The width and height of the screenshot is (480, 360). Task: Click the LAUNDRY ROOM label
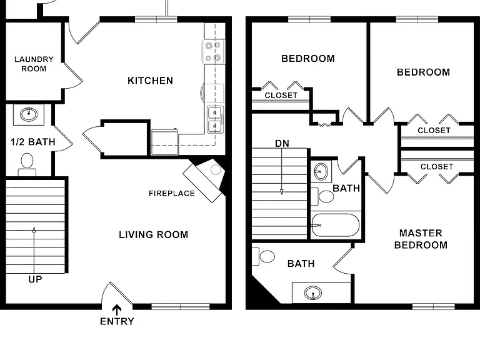[34, 64]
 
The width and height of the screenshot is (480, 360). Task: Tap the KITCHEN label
[150, 81]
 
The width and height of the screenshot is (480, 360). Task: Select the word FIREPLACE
[172, 194]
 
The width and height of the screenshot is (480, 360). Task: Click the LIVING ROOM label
[153, 235]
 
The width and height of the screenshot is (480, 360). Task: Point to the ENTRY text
[117, 321]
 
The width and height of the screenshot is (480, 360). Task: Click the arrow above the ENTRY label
[116, 310]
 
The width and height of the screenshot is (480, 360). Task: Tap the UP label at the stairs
[35, 279]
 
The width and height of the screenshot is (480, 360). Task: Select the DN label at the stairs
[282, 143]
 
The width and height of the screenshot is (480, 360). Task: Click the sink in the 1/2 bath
[29, 114]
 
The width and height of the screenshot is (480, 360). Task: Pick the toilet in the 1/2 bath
[27, 165]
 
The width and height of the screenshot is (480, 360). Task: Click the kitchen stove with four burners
[213, 52]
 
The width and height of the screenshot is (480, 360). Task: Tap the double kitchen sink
[215, 119]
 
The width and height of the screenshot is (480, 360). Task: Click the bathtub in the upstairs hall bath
[335, 225]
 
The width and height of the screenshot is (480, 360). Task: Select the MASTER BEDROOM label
[421, 239]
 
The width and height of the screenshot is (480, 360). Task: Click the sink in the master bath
[313, 293]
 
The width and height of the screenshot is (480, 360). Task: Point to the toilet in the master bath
[263, 256]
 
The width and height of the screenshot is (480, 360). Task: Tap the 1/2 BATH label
[33, 142]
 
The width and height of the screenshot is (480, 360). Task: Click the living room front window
[181, 306]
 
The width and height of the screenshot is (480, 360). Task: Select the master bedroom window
[434, 306]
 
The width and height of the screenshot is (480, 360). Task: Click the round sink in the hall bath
[321, 171]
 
